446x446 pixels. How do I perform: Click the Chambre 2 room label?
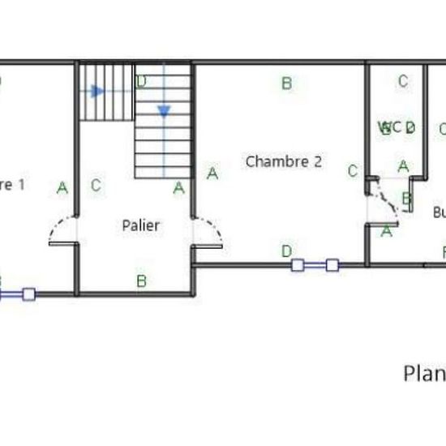[x=283, y=161]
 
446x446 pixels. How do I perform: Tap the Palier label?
[x=141, y=225]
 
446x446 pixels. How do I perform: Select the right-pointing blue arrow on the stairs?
[x=97, y=91]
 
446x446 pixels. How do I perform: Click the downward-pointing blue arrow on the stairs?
[x=164, y=111]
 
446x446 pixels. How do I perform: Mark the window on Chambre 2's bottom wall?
[x=315, y=264]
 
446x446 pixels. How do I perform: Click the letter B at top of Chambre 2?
[x=285, y=82]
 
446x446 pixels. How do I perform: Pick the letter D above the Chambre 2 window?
[x=286, y=251]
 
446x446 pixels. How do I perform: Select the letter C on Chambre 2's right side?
[x=352, y=170]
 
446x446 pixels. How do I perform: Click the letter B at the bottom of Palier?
[x=141, y=281]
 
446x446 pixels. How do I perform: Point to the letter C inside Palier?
[x=96, y=185]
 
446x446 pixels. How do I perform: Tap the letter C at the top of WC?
[x=402, y=81]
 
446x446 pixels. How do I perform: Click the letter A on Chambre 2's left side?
[x=212, y=173]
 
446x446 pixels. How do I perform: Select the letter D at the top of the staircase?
[x=141, y=81]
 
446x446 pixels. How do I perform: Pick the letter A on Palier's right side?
[x=179, y=187]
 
